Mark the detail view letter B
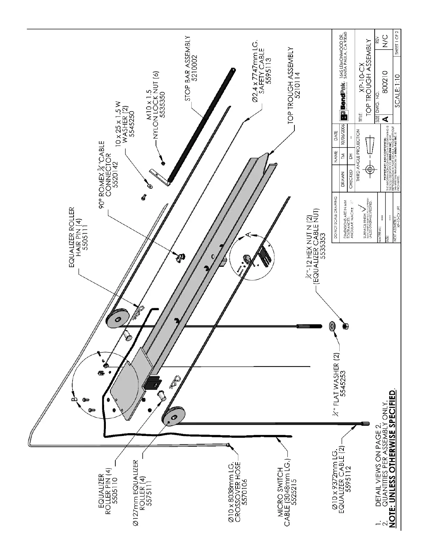click(x=74, y=399)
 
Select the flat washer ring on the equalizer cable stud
click(x=331, y=326)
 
